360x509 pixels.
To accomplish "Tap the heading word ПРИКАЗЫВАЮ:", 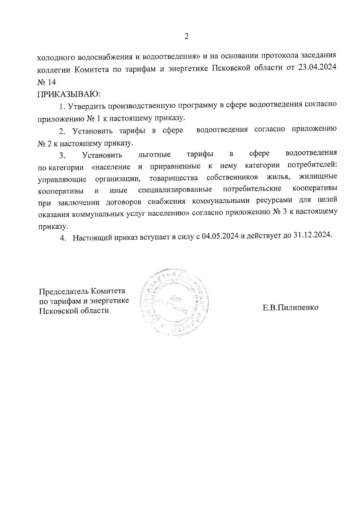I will coord(69,94).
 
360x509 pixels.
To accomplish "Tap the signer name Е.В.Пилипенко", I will coord(290,308).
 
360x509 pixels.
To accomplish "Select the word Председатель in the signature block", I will coord(64,291).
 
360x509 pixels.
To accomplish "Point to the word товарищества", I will coord(173,178).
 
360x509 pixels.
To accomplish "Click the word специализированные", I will coord(175,190).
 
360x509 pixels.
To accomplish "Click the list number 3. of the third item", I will coord(62,155).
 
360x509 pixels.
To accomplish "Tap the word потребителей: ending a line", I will coord(312,166).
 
